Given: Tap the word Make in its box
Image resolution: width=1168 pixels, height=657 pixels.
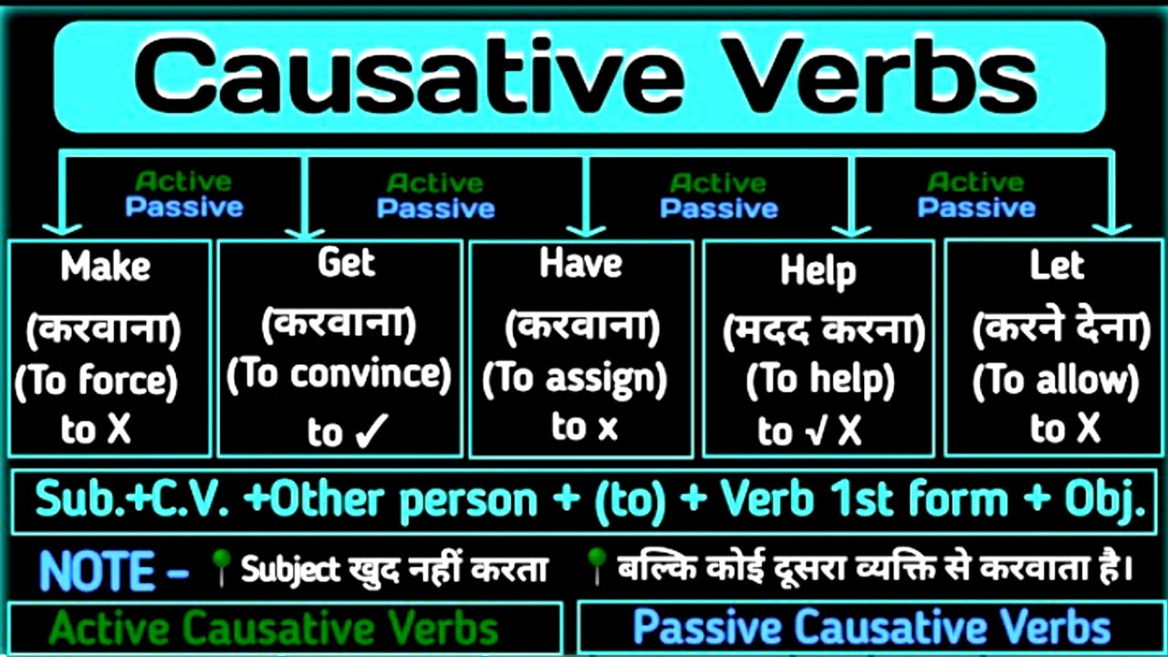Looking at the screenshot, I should (106, 266).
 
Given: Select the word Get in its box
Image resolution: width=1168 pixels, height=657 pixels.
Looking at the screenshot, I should (346, 263).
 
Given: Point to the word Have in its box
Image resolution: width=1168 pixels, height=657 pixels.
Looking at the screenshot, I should (580, 264).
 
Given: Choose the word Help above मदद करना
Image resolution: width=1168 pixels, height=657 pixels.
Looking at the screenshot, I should (818, 271).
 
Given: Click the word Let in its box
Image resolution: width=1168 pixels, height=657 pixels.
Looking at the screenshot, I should (1056, 266).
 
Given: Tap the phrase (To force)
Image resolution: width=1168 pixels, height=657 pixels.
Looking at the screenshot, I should (97, 381).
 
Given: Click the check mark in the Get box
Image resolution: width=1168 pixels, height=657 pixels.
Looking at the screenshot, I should (373, 429).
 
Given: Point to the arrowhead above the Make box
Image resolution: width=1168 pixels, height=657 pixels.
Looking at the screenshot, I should (60, 225).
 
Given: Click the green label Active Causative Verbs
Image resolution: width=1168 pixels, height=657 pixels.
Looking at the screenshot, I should (274, 629).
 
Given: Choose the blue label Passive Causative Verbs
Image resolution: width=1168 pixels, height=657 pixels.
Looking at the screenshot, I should (871, 628).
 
